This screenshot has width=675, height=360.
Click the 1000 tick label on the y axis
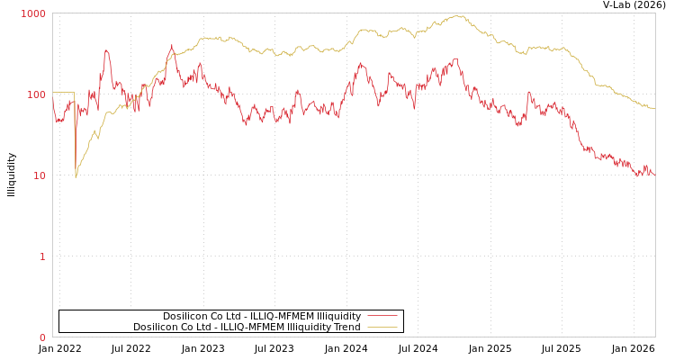pyautogui.click(x=34, y=13)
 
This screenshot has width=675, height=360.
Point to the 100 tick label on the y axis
pyautogui.click(x=36, y=94)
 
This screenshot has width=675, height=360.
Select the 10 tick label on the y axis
pyautogui.click(x=39, y=175)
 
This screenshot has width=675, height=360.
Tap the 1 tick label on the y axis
pyautogui.click(x=41, y=256)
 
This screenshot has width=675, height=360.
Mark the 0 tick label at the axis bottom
pyautogui.click(x=41, y=337)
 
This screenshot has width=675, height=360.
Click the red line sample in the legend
pyautogui.click(x=382, y=316)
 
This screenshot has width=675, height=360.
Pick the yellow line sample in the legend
pyautogui.click(x=382, y=327)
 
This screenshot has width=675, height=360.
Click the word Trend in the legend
pyautogui.click(x=346, y=327)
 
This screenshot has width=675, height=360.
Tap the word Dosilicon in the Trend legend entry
pyautogui.click(x=156, y=327)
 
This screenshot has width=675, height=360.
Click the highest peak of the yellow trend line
pyautogui.click(x=459, y=15)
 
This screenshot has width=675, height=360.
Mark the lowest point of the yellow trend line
pyautogui.click(x=76, y=176)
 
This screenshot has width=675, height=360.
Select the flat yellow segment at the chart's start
pyautogui.click(x=63, y=92)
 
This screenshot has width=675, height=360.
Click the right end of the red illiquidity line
pyautogui.click(x=654, y=174)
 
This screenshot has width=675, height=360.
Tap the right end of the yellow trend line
pyautogui.click(x=654, y=109)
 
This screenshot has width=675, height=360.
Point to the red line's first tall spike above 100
pyautogui.click(x=106, y=51)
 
